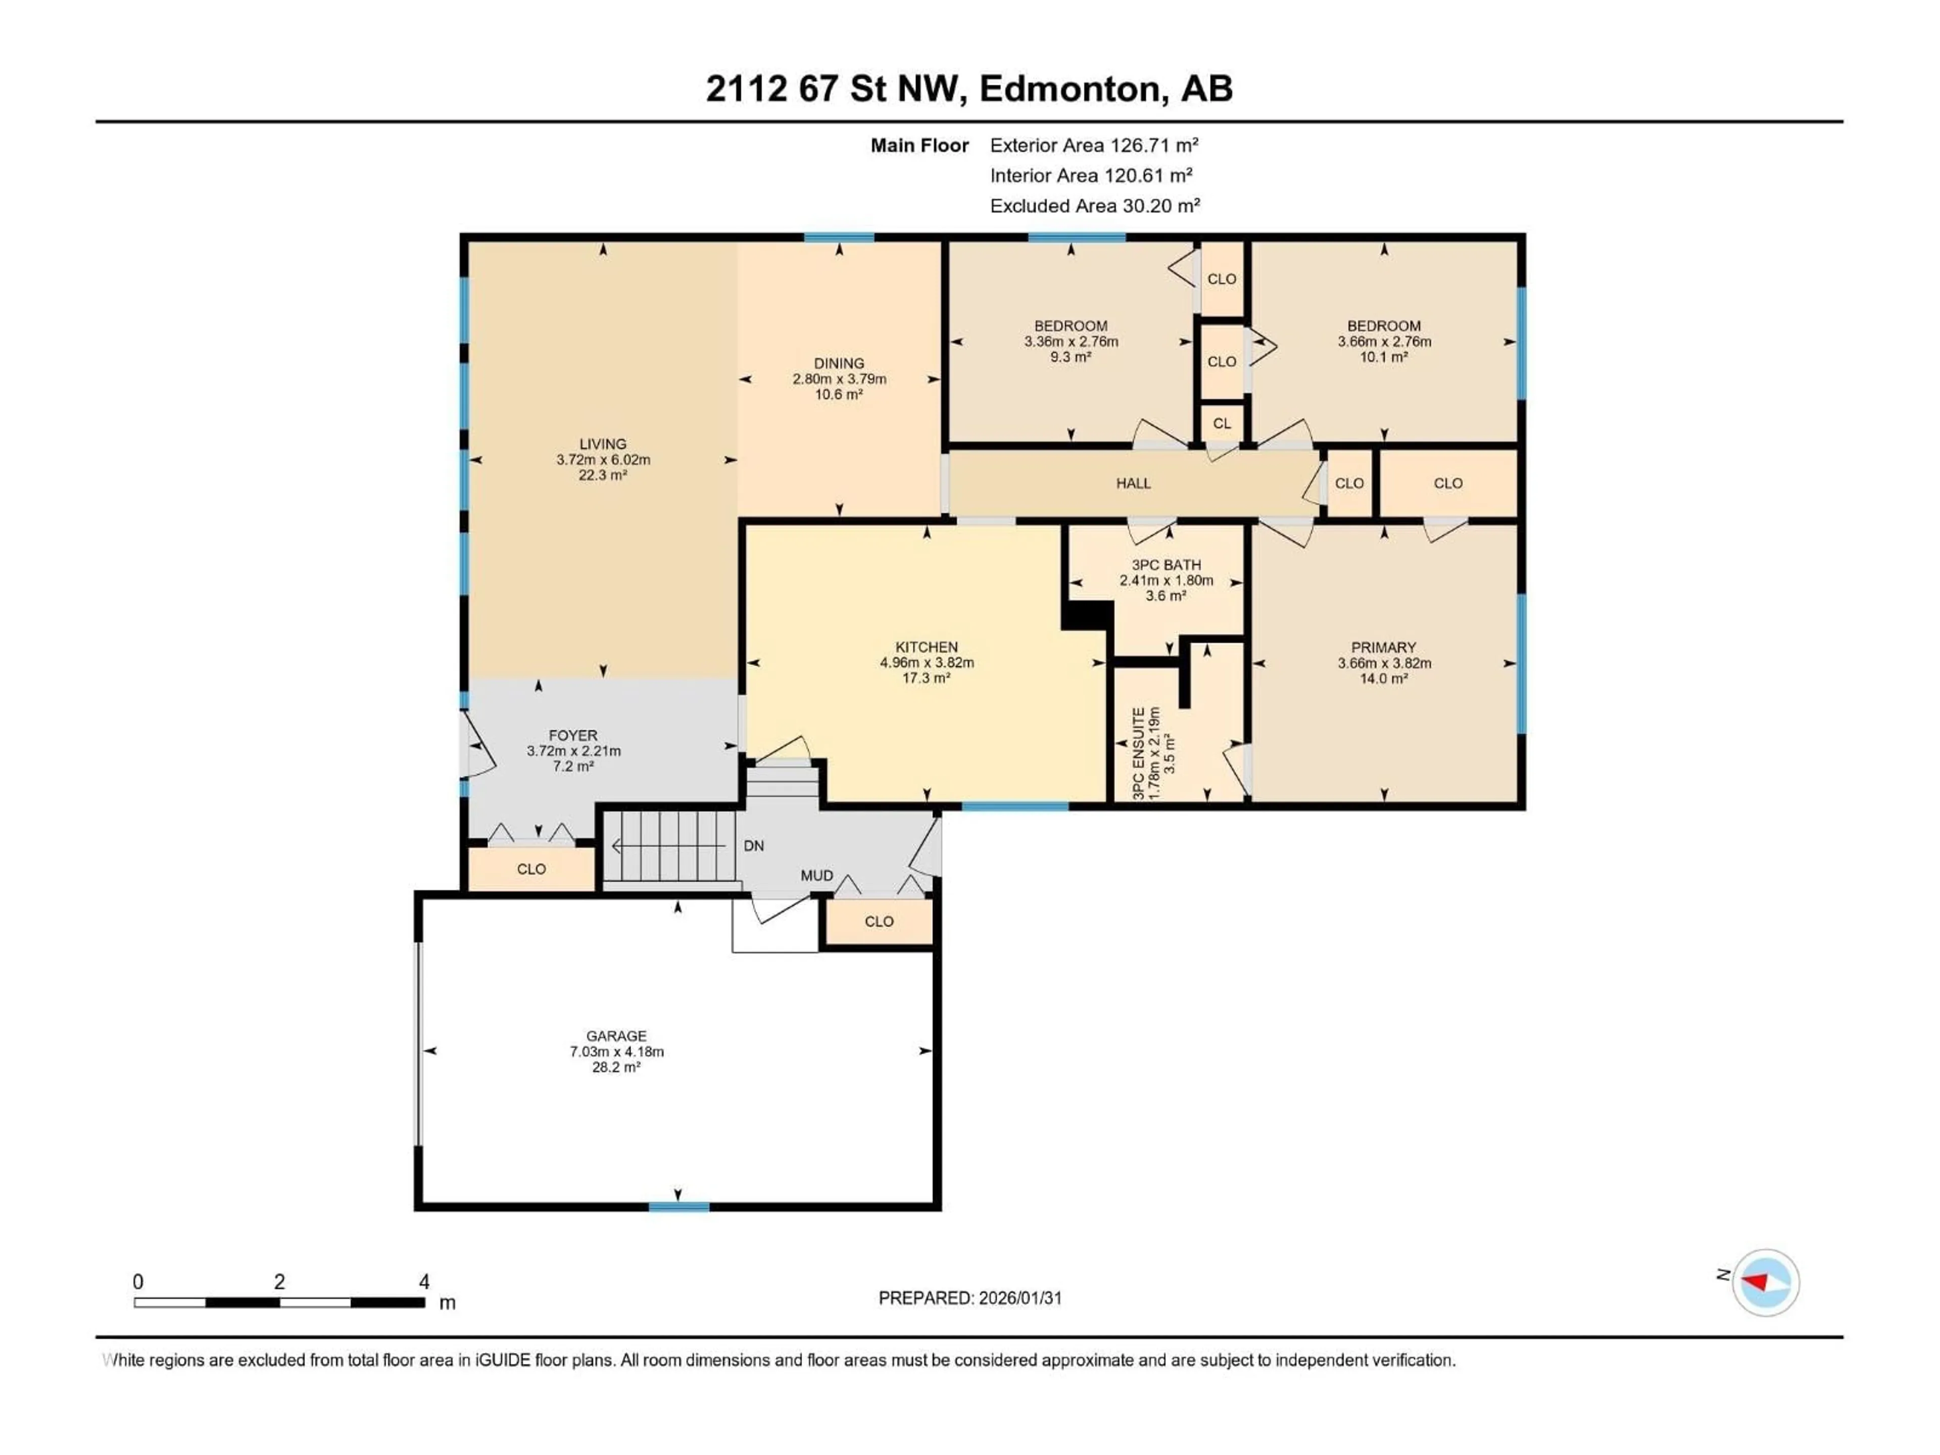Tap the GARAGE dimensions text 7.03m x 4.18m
click(x=616, y=1051)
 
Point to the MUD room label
click(x=816, y=876)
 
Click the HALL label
click(x=1133, y=483)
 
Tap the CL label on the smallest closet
click(x=1222, y=423)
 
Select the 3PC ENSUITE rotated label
click(x=1138, y=752)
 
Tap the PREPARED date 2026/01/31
click(x=970, y=1298)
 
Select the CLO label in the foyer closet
click(x=531, y=869)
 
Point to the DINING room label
click(x=839, y=363)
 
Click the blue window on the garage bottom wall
click(x=679, y=1207)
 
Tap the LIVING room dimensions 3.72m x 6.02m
click(x=603, y=460)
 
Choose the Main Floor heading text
click(x=919, y=145)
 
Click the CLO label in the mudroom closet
click(x=879, y=922)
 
